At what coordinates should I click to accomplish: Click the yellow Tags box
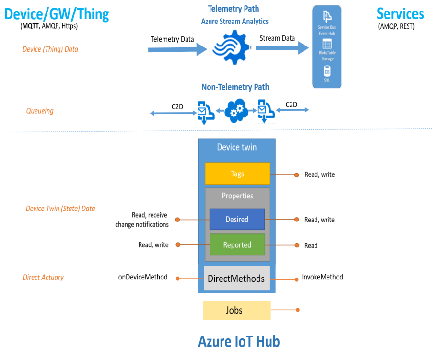click(237, 174)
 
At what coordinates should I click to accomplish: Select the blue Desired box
click(237, 219)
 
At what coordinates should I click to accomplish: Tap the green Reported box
click(237, 244)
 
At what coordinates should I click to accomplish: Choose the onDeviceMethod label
click(143, 277)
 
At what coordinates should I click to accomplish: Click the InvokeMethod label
click(322, 277)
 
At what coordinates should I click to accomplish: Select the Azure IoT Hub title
click(239, 341)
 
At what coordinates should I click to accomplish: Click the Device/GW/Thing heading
click(57, 13)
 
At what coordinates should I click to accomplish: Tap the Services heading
click(400, 13)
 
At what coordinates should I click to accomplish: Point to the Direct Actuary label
click(43, 277)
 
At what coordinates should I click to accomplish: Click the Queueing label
click(40, 111)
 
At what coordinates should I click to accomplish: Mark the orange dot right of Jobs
click(298, 310)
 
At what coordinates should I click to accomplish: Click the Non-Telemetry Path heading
click(235, 87)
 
